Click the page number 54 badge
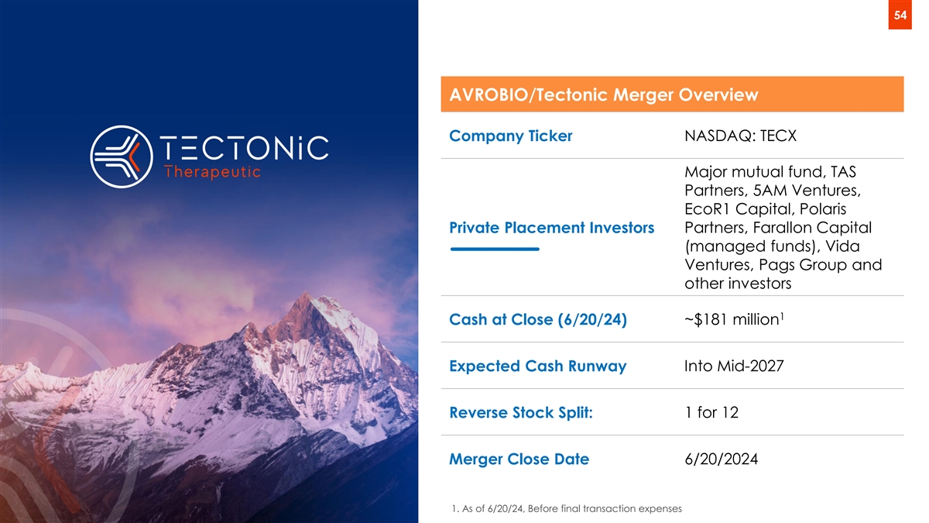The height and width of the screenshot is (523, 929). tap(900, 15)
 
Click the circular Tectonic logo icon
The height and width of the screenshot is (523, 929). tap(122, 157)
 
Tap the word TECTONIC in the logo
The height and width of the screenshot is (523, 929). tap(245, 147)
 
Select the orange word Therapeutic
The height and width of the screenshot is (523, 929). tap(212, 172)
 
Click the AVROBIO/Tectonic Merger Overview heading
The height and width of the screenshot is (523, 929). tap(604, 95)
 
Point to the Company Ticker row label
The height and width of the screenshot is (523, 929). tap(510, 136)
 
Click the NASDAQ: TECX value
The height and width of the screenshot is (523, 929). tap(740, 136)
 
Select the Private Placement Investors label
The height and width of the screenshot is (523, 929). tap(551, 228)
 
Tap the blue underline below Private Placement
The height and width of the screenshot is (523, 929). tap(495, 249)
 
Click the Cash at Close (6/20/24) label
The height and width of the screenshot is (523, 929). tap(538, 319)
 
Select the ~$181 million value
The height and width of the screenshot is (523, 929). tap(734, 319)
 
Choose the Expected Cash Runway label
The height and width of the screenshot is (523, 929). tap(538, 366)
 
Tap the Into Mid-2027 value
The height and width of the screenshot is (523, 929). tap(734, 366)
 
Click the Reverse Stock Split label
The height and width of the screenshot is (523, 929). tap(521, 412)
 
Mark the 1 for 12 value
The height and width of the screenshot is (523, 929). tap(711, 412)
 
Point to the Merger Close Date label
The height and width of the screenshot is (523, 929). tap(519, 459)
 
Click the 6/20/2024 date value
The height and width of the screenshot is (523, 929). tap(722, 459)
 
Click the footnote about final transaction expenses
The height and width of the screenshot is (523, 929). tap(567, 508)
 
